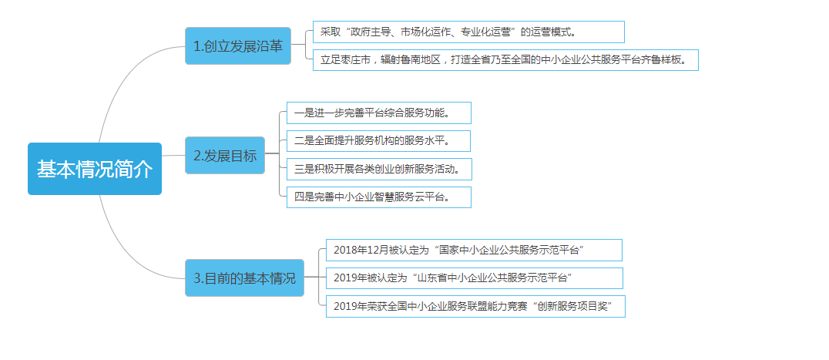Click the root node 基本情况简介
pyautogui.click(x=95, y=169)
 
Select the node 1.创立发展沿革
pyautogui.click(x=238, y=46)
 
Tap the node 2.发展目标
pyautogui.click(x=225, y=156)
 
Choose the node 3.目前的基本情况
pyautogui.click(x=244, y=278)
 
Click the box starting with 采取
pyautogui.click(x=468, y=32)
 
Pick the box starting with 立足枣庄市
pyautogui.click(x=505, y=59)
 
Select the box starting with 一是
pyautogui.click(x=378, y=113)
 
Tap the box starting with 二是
pyautogui.click(x=378, y=141)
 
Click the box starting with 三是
pyautogui.click(x=379, y=169)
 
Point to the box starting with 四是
pyautogui.click(x=378, y=197)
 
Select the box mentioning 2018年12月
pyautogui.click(x=474, y=250)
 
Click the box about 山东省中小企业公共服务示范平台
pyautogui.click(x=475, y=278)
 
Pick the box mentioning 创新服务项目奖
pyautogui.click(x=475, y=307)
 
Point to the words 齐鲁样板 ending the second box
pyautogui.click(x=663, y=60)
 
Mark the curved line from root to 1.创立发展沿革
pyautogui.click(x=133, y=79)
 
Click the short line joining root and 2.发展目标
pyautogui.click(x=173, y=156)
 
